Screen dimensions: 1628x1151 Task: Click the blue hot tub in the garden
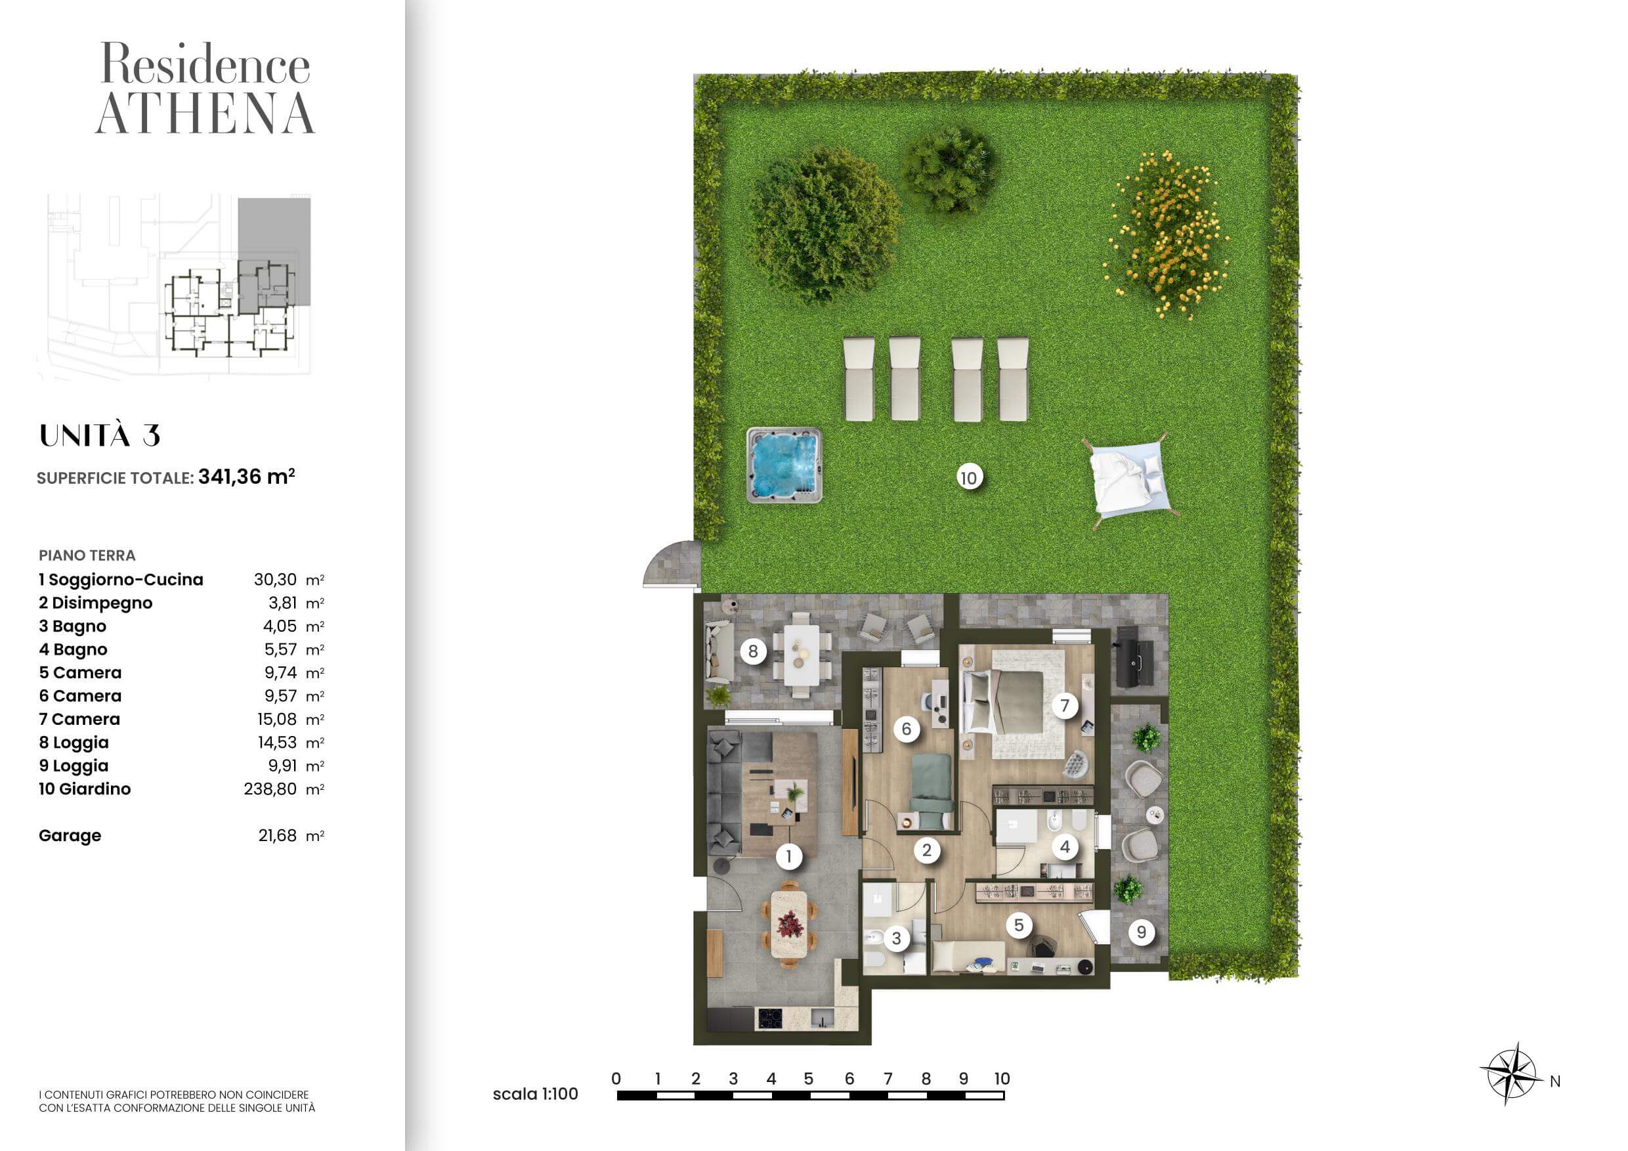point(784,464)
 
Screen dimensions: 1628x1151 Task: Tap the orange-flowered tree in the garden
point(1168,234)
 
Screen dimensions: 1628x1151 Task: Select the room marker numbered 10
point(968,478)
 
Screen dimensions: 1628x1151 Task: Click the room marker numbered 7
point(1064,706)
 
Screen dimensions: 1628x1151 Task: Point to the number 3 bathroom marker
point(896,938)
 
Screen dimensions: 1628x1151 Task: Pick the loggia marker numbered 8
point(753,651)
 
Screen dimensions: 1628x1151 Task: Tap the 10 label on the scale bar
point(1001,1079)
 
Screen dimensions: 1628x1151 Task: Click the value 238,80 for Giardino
point(270,789)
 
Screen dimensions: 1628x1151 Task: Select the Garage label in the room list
point(70,835)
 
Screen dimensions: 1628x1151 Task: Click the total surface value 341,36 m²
point(246,477)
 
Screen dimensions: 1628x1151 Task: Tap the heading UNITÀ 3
point(100,435)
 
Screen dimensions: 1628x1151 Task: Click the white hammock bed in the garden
point(1127,479)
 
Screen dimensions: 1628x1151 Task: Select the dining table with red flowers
point(788,924)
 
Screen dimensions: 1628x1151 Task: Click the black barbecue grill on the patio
point(1134,657)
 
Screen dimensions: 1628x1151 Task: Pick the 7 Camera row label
point(79,719)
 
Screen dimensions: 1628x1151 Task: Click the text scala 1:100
point(536,1095)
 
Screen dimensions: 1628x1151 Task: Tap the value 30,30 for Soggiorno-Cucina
point(275,579)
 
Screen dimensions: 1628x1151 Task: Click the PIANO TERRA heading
point(87,555)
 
